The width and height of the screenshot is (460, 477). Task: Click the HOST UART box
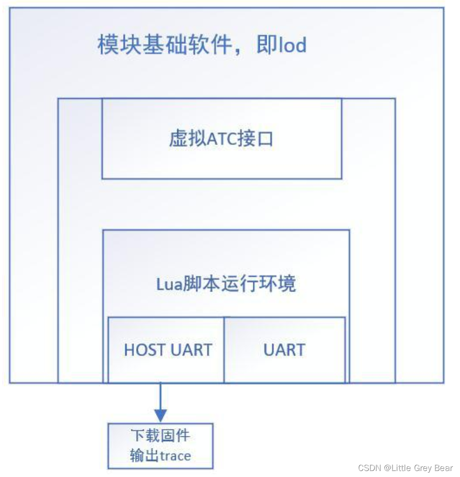[x=167, y=350]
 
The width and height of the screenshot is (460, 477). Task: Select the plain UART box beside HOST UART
[x=284, y=350]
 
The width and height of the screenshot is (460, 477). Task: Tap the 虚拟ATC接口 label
[x=221, y=139]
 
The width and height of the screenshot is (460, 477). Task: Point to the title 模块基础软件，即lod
[x=202, y=46]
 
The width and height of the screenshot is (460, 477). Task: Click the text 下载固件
[x=161, y=435]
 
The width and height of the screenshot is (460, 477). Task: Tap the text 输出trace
[x=161, y=456]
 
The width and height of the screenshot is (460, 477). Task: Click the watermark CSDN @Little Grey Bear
[x=406, y=468]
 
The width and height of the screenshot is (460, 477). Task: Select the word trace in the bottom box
[x=175, y=456]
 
